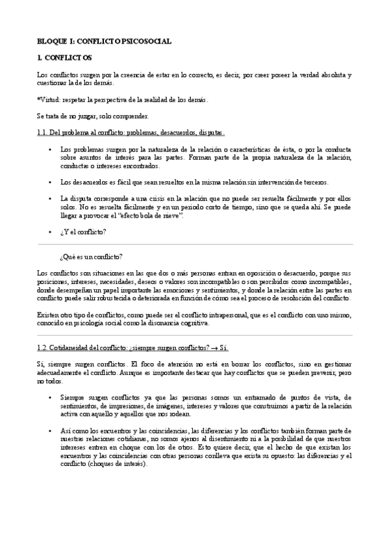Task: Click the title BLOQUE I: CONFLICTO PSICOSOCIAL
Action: click(105, 41)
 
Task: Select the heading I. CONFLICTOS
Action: click(64, 58)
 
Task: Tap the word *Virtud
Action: click(47, 100)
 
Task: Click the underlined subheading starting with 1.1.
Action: click(131, 133)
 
